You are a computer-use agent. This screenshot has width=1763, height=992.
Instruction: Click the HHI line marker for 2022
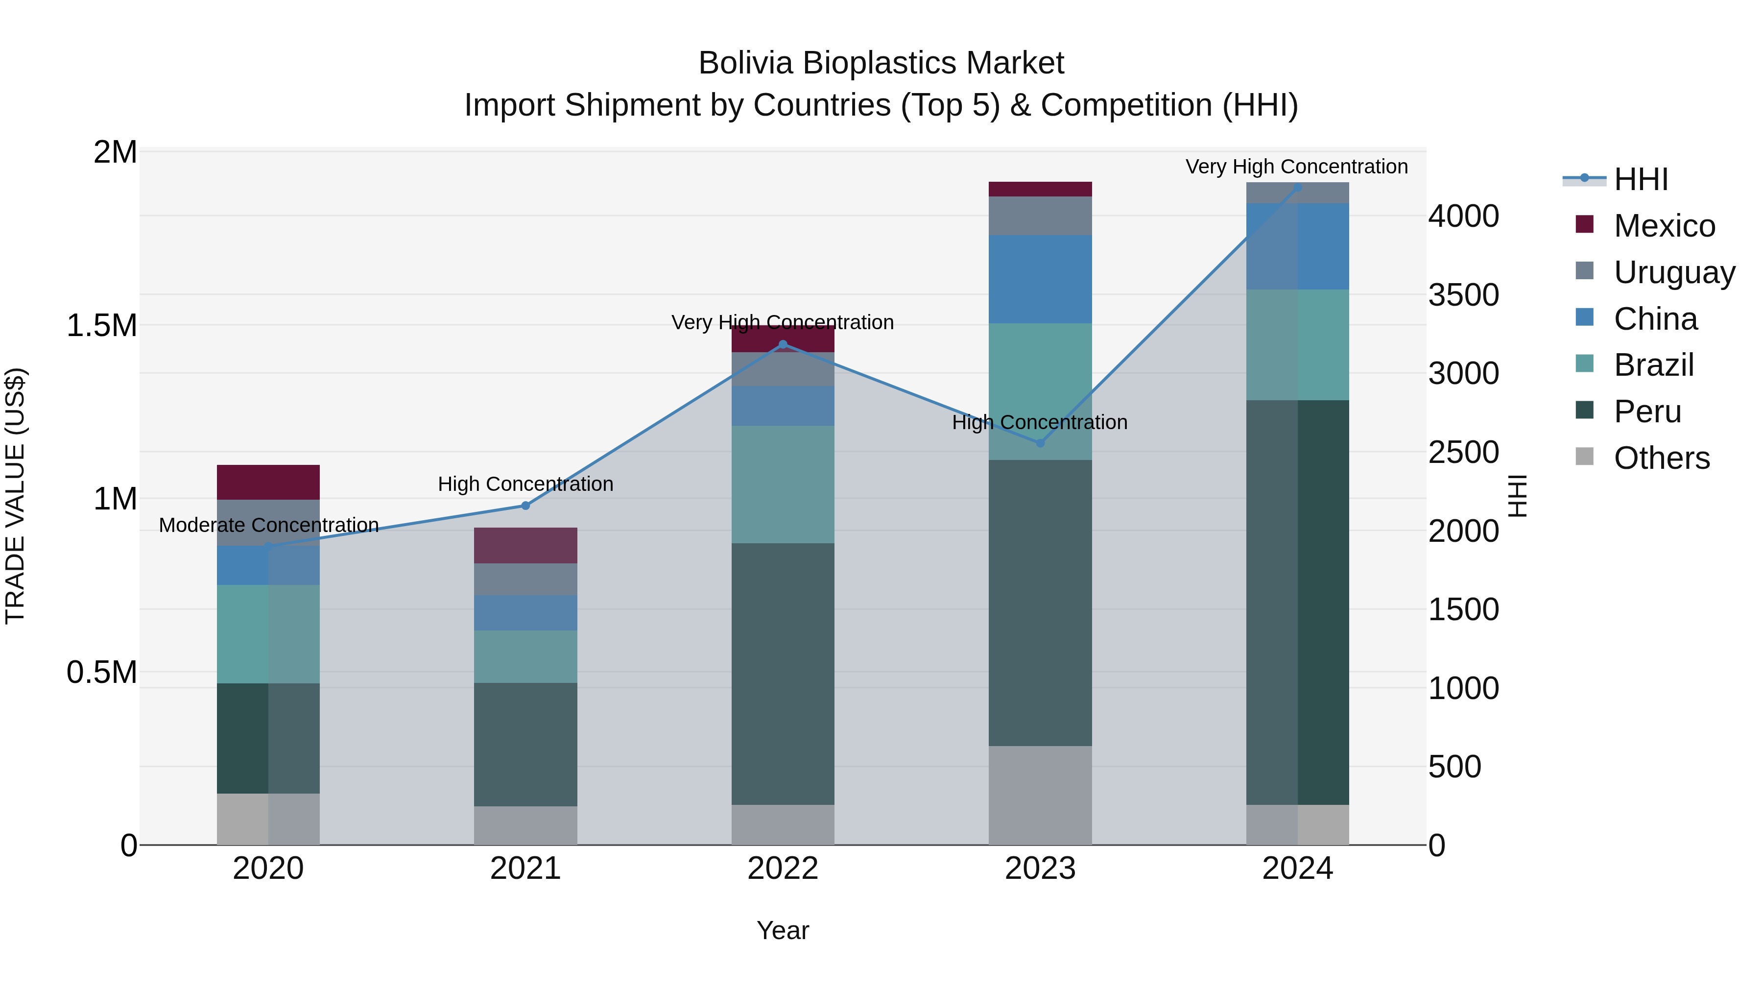(783, 344)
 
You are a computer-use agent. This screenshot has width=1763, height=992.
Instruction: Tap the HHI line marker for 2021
(525, 506)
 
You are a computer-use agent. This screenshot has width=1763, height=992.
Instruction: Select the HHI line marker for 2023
(1040, 443)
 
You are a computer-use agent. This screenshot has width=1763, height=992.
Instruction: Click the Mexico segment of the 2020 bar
(268, 482)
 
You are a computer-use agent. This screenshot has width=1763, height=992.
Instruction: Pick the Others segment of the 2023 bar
(1040, 795)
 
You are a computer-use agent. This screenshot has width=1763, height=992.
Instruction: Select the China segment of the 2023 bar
(1040, 279)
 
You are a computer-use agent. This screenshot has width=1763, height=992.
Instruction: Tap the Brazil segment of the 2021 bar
(525, 656)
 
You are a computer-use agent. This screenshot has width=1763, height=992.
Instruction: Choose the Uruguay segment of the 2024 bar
(1298, 193)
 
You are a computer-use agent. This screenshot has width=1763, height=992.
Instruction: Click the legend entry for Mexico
(1663, 226)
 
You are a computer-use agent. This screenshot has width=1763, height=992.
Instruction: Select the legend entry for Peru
(1646, 411)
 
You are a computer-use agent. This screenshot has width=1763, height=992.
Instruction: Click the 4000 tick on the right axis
(1463, 217)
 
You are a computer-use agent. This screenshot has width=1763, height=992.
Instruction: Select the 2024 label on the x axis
(1298, 869)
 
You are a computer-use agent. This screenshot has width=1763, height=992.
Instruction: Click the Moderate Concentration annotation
(268, 525)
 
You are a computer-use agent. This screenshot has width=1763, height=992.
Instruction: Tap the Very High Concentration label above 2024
(1296, 167)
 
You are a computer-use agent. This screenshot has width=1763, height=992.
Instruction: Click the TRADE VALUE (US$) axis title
(15, 496)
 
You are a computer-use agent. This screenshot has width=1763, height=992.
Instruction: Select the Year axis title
(783, 930)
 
